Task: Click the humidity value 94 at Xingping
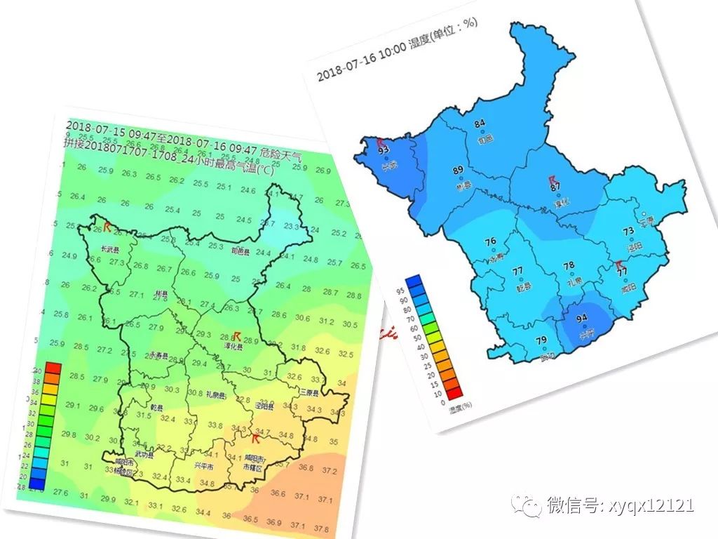(581, 319)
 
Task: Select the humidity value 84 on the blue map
(480, 124)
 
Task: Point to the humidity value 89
(459, 171)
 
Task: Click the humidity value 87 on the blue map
(555, 187)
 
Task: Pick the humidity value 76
(491, 242)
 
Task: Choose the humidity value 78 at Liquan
(569, 266)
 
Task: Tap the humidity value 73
(628, 231)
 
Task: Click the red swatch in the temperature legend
(53, 368)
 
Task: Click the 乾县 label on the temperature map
(158, 408)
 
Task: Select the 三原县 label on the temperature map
(309, 392)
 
